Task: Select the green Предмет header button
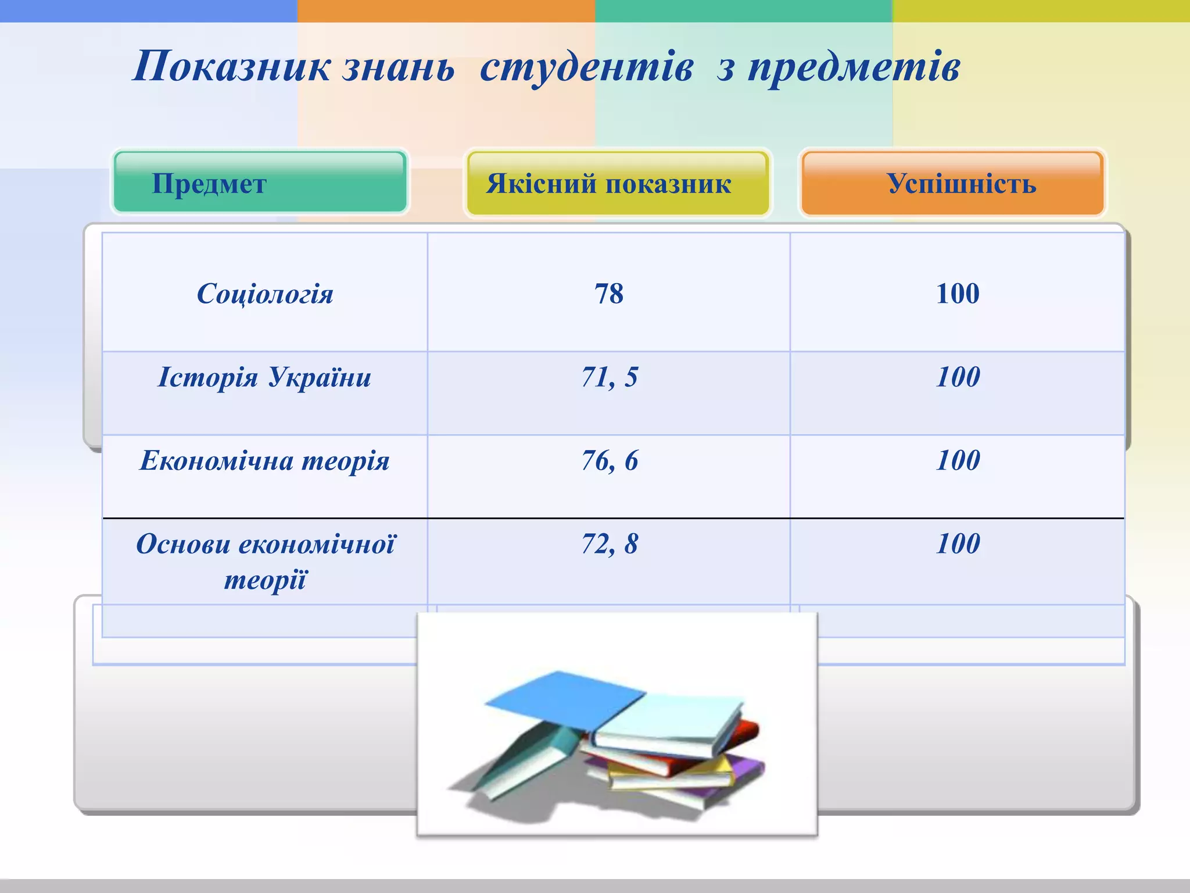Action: (260, 183)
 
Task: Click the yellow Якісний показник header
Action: (618, 183)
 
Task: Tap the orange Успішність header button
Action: (952, 183)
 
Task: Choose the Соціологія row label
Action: (265, 294)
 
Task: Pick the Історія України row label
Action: (265, 377)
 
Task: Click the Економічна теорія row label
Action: (265, 461)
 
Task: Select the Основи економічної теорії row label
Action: (265, 561)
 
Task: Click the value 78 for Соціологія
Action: (609, 294)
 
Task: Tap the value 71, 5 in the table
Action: (610, 377)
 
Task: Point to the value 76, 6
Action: (610, 461)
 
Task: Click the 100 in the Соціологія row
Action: (958, 294)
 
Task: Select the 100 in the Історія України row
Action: (958, 377)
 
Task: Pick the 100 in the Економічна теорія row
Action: (958, 461)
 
